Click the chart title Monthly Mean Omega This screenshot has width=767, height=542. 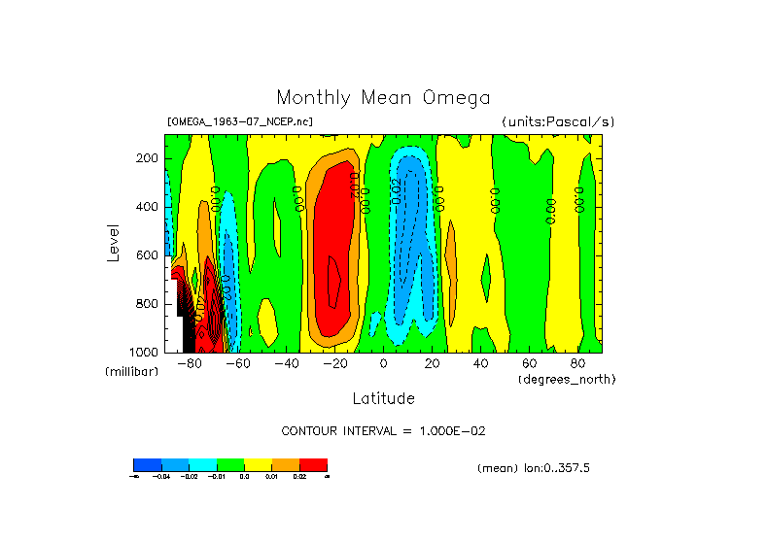tap(383, 98)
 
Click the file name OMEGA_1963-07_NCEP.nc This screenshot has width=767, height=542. tap(240, 122)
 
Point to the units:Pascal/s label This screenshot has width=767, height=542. tap(558, 122)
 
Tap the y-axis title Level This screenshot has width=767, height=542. tap(111, 242)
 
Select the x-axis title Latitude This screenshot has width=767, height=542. tap(383, 398)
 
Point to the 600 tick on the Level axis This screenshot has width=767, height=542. tap(148, 255)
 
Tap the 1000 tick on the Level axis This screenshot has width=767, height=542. tap(145, 351)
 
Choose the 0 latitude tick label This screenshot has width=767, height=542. tap(384, 364)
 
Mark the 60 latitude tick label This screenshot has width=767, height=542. tap(529, 364)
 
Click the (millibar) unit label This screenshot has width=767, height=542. tap(131, 373)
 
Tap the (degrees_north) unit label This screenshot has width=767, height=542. tap(567, 379)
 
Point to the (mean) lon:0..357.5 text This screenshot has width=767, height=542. tap(534, 468)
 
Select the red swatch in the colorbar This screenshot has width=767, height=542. tap(313, 464)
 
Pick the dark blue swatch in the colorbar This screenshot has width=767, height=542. tap(147, 464)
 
